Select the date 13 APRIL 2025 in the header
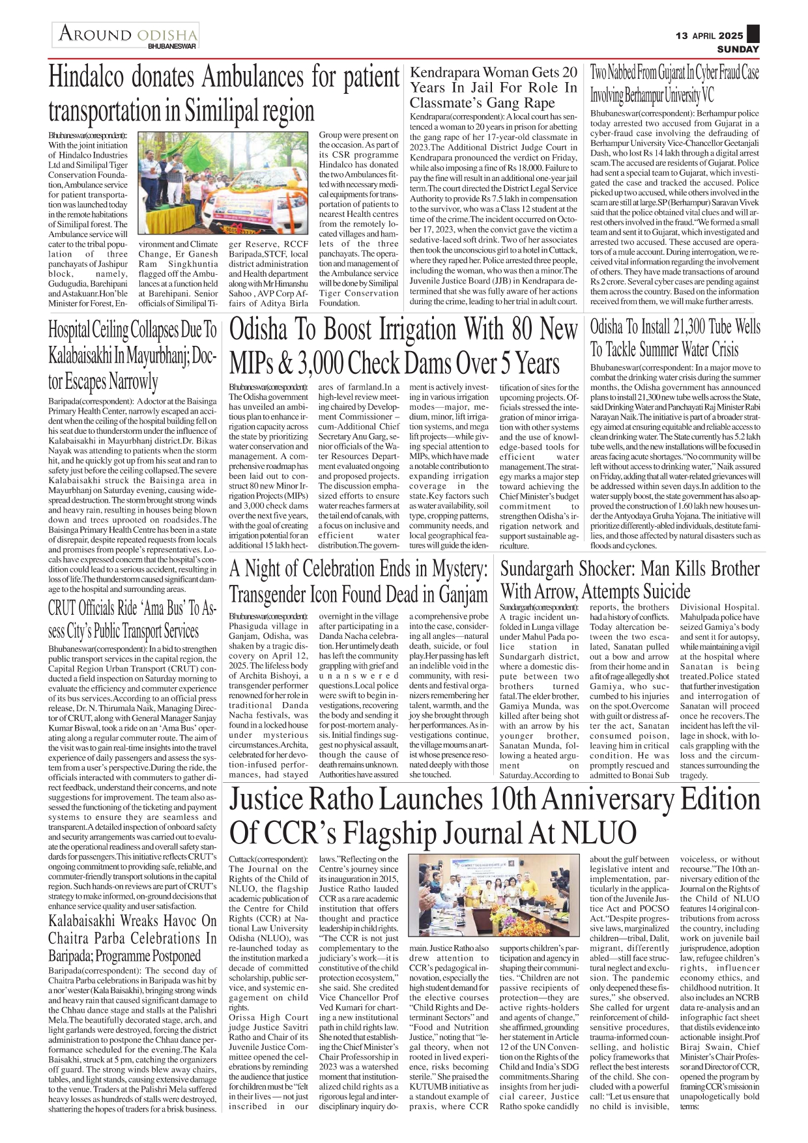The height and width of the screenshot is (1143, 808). click(x=709, y=36)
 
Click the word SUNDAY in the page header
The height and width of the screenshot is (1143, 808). click(x=738, y=49)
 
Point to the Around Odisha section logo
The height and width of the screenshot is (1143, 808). click(x=126, y=36)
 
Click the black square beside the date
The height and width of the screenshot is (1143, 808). click(x=753, y=35)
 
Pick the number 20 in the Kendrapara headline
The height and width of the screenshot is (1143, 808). click(x=569, y=72)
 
